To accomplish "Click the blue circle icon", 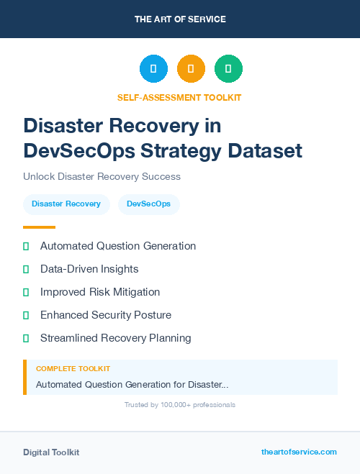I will coord(153,69).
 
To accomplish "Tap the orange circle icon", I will coord(191,69).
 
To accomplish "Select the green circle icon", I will coord(228,69).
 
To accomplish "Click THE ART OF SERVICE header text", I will coord(180,19).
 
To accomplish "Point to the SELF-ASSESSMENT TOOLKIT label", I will coord(179,97).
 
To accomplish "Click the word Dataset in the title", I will coord(265,151).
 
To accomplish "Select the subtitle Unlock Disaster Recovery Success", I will coord(102,176).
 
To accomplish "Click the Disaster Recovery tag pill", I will coord(66,204).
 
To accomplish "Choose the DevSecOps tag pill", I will coord(148,204).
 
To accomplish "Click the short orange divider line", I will coord(39,227).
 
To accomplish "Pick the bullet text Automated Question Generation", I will coord(118,246).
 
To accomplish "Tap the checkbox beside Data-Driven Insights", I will coord(26,269).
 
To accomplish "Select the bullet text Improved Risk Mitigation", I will coord(100,292).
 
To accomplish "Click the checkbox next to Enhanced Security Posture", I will coord(26,315).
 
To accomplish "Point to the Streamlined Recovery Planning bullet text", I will coord(116,338).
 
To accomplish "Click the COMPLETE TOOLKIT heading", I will coord(73,369).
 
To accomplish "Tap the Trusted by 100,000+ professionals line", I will coord(180,405).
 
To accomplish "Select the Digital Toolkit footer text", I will coord(51,452).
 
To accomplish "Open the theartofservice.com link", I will coord(299,452).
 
